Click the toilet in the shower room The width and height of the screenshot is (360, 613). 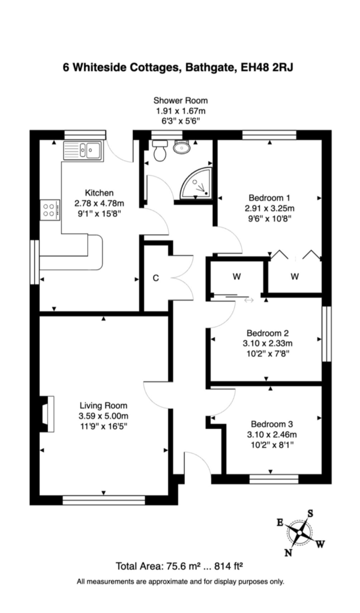pyautogui.click(x=160, y=150)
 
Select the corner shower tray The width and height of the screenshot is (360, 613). pyautogui.click(x=196, y=183)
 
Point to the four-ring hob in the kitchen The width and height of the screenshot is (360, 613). pyautogui.click(x=50, y=210)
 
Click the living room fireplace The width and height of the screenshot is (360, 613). pyautogui.click(x=47, y=414)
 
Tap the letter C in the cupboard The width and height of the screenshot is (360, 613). pyautogui.click(x=156, y=278)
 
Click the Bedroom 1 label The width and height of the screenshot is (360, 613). pyautogui.click(x=269, y=198)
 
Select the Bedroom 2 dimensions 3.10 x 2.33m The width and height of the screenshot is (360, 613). pyautogui.click(x=267, y=343)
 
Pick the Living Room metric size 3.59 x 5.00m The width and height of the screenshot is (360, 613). pyautogui.click(x=104, y=416)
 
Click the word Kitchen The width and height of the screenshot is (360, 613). pyautogui.click(x=99, y=193)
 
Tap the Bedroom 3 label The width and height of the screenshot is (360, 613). pyautogui.click(x=272, y=424)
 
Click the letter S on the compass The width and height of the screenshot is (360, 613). pyautogui.click(x=310, y=514)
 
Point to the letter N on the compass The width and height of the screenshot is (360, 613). pyautogui.click(x=288, y=553)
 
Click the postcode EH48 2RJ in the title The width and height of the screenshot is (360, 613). pyautogui.click(x=267, y=67)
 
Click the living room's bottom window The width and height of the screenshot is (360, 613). pyautogui.click(x=104, y=500)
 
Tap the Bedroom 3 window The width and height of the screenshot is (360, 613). pyautogui.click(x=274, y=479)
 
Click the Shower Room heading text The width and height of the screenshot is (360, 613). pyautogui.click(x=180, y=100)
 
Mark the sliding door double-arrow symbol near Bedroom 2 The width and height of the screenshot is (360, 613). pyautogui.click(x=249, y=300)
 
